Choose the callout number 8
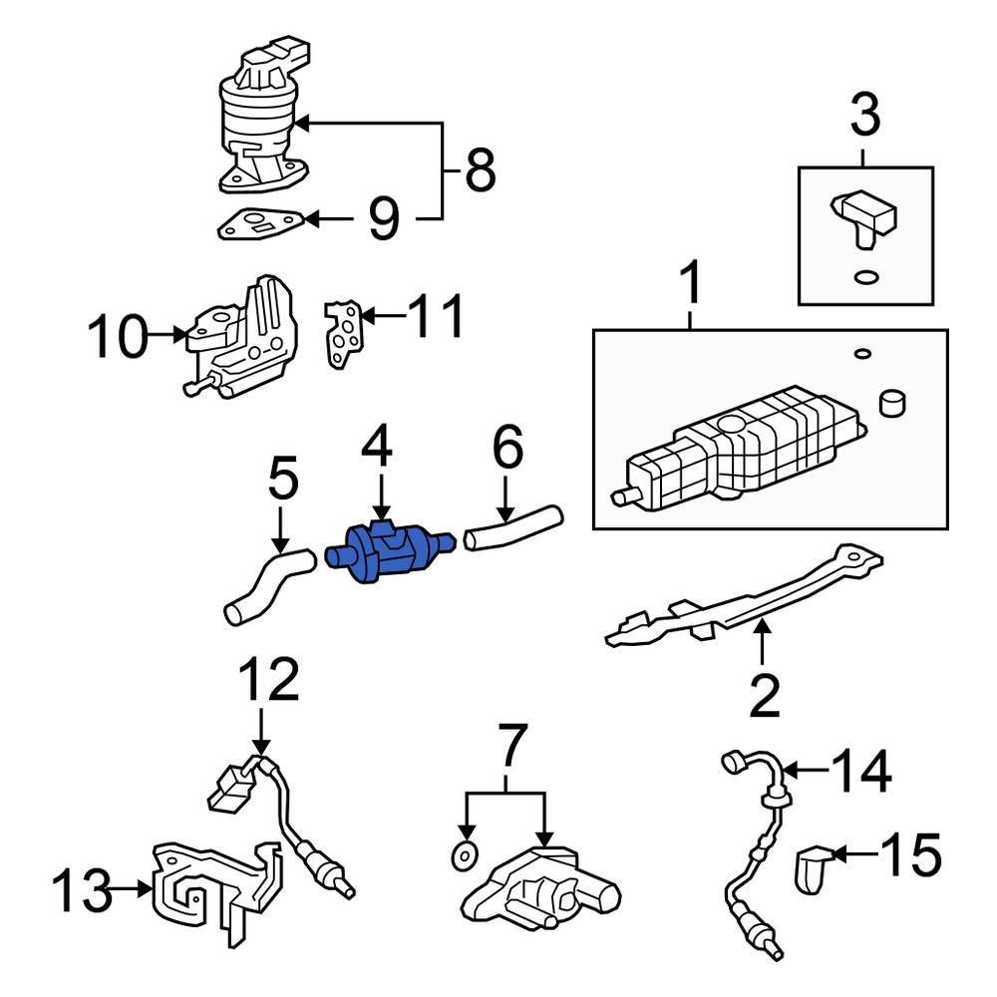pyautogui.click(x=480, y=170)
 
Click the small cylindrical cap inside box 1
pyautogui.click(x=893, y=404)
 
